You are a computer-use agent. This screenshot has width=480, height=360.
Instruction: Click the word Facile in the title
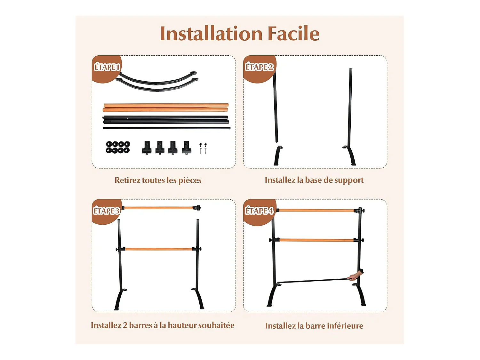[x=293, y=34]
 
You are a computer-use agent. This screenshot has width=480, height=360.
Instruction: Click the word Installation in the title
[x=211, y=34]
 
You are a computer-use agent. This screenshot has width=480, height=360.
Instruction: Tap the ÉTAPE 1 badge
[x=107, y=67]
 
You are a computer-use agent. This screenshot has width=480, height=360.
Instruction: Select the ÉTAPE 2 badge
[x=259, y=67]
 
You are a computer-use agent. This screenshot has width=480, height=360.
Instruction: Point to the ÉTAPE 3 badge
[x=106, y=211]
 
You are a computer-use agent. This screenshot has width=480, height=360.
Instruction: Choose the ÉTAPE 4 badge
[x=259, y=211]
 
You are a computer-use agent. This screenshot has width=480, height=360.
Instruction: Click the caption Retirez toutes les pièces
[x=158, y=180]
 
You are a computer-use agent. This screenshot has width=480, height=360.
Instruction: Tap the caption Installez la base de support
[x=314, y=180]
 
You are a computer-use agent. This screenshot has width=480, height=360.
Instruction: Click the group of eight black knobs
[x=118, y=147]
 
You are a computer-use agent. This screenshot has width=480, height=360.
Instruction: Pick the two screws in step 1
[x=203, y=148]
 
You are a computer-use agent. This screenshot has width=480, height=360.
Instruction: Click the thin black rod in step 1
[x=166, y=128]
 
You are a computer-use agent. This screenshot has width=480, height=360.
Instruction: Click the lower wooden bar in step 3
[x=158, y=249]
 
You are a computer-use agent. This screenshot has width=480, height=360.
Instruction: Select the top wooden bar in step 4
[x=316, y=211]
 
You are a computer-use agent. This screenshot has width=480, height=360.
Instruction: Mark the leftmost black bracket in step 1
[x=147, y=148]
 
